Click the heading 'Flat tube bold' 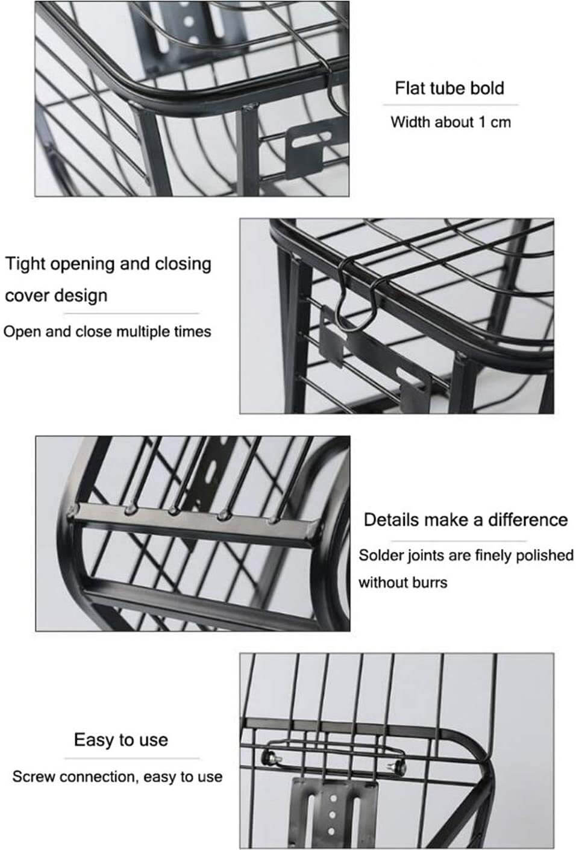click(449, 88)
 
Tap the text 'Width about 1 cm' click(451, 122)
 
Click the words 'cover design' click(56, 296)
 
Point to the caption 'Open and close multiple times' click(107, 332)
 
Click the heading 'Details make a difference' click(466, 520)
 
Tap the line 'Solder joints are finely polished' click(466, 555)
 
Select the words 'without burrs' click(403, 582)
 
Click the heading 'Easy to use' click(121, 740)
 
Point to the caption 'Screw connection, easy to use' click(117, 777)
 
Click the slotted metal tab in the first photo click(313, 147)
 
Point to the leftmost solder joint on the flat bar click(72, 512)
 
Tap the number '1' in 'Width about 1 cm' click(482, 122)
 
